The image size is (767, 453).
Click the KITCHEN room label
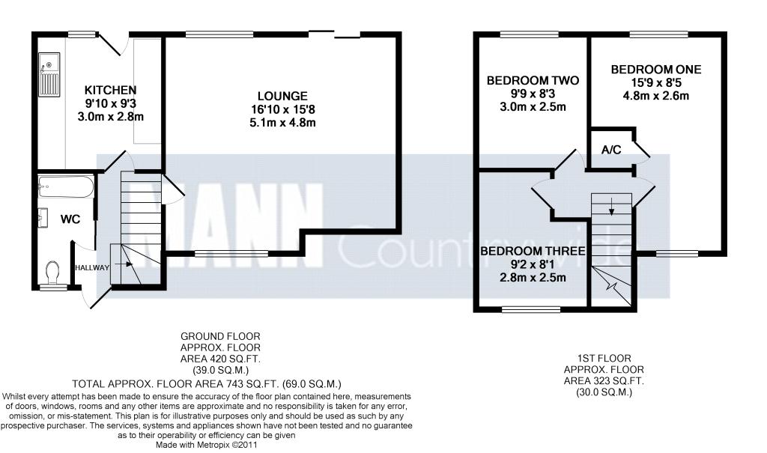(x=111, y=90)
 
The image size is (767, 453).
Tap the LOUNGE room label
(x=282, y=97)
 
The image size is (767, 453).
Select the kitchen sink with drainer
(x=49, y=75)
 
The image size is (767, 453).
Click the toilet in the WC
(x=52, y=273)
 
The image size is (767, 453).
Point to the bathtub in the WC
(x=66, y=187)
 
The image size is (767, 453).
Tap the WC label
(x=70, y=219)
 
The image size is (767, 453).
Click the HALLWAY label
(x=92, y=267)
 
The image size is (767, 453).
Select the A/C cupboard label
(x=611, y=150)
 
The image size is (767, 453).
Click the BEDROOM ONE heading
(x=656, y=70)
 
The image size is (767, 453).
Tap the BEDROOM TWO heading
(x=533, y=80)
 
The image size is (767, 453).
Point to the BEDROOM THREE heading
(x=533, y=252)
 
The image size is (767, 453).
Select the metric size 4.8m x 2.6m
(x=656, y=96)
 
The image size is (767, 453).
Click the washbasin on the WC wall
(x=43, y=218)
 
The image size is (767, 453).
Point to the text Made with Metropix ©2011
(x=206, y=446)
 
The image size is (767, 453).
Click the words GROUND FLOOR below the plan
(x=221, y=337)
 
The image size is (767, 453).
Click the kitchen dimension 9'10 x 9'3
(x=111, y=103)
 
